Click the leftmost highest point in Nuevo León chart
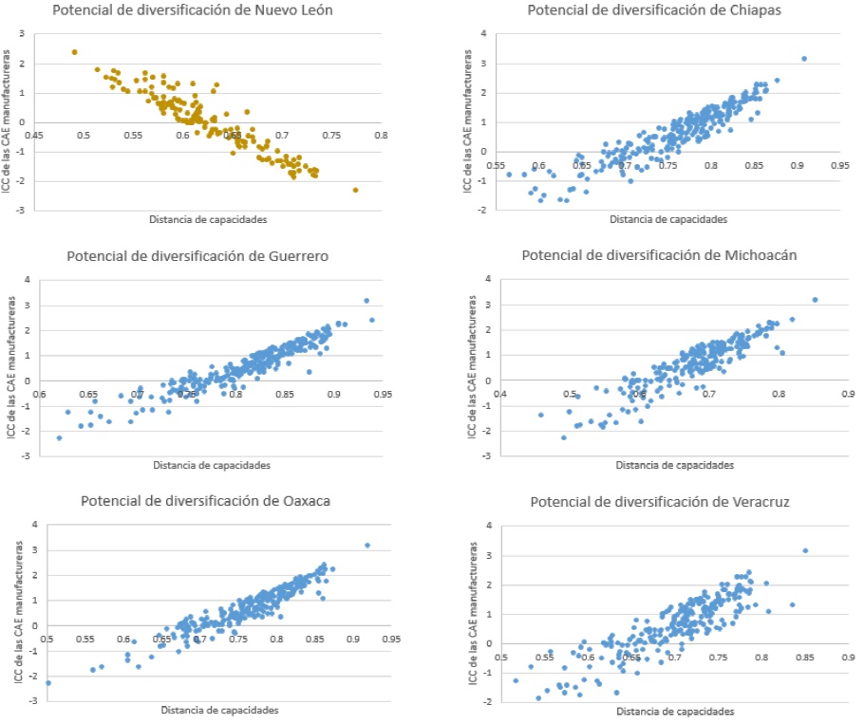tap(75, 52)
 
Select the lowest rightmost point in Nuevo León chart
tap(356, 190)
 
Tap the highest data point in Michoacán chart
tap(815, 300)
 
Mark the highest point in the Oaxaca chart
tap(367, 546)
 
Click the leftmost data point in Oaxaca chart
tap(48, 682)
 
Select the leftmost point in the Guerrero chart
tap(59, 437)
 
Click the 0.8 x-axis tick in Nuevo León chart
tap(380, 135)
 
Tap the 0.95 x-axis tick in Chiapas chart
tap(839, 165)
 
